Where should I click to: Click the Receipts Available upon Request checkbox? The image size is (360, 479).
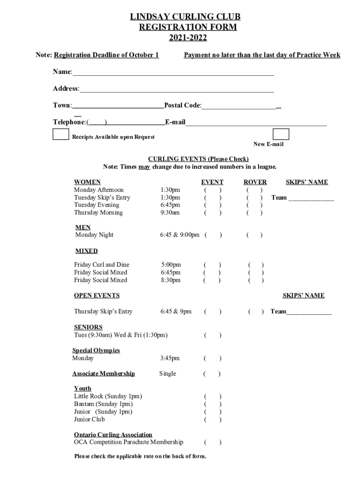click(x=61, y=134)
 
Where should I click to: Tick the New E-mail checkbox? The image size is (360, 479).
click(x=281, y=134)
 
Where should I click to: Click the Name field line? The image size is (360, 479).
click(x=173, y=73)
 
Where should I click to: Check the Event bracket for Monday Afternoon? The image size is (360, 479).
click(x=212, y=190)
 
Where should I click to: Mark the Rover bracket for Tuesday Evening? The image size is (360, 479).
click(x=255, y=205)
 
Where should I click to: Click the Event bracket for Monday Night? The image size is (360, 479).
click(x=213, y=235)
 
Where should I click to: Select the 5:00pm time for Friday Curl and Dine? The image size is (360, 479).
click(x=170, y=265)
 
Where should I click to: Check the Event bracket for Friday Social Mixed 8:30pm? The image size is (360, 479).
click(x=212, y=280)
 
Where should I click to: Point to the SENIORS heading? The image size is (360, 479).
click(x=88, y=327)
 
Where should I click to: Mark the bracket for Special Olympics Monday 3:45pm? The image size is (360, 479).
click(x=212, y=358)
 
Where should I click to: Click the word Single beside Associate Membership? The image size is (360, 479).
click(x=167, y=373)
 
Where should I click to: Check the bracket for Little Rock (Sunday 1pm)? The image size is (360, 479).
click(x=212, y=396)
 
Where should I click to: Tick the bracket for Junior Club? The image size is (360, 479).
click(x=212, y=420)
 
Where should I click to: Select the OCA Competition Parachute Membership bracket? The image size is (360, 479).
click(x=212, y=442)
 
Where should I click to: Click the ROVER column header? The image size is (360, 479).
click(x=255, y=182)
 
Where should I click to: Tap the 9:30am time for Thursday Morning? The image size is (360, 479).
click(x=170, y=213)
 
